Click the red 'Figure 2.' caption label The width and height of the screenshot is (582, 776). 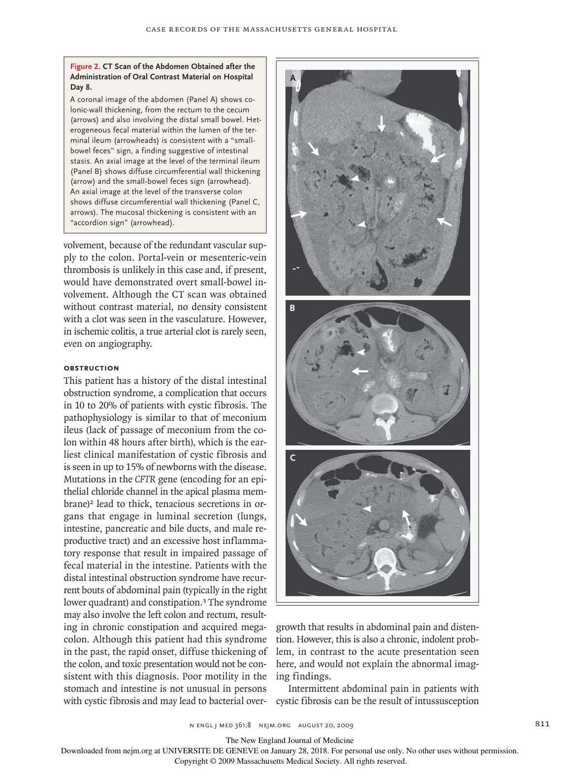[x=85, y=67]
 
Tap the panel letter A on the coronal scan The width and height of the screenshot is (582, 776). [x=292, y=78]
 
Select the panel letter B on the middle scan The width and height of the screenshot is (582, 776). [x=292, y=308]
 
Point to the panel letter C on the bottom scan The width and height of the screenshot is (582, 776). [x=292, y=458]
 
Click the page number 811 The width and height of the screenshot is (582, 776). [x=542, y=723]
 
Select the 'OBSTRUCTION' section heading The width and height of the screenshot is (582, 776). [x=91, y=368]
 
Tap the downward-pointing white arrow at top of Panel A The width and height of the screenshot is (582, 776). [x=381, y=123]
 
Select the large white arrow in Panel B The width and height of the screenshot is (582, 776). [x=359, y=371]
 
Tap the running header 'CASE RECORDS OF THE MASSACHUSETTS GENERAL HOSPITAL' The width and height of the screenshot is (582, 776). [x=271, y=29]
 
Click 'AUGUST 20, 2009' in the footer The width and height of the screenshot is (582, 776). [x=325, y=725]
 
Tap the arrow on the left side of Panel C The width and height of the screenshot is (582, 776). [x=300, y=519]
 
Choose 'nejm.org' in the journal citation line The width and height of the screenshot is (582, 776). [x=274, y=725]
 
